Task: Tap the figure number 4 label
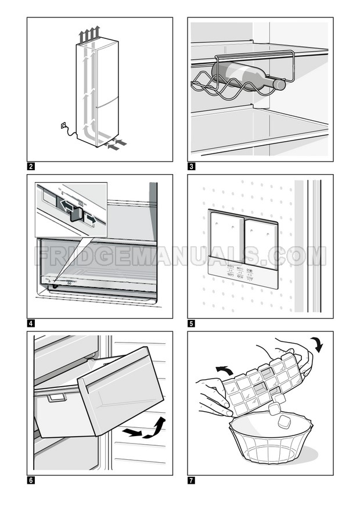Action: tap(30, 323)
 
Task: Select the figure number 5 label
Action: tap(190, 323)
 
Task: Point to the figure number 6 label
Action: tap(30, 480)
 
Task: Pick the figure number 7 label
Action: tap(190, 480)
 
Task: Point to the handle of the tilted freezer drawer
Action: tap(56, 398)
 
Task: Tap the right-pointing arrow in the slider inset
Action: tap(91, 218)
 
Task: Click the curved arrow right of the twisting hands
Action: tap(316, 344)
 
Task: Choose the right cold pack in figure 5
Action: tap(261, 240)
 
